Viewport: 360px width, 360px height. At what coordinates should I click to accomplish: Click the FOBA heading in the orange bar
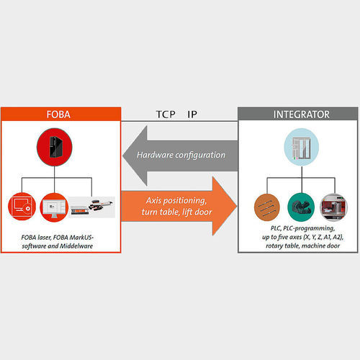coord(58,114)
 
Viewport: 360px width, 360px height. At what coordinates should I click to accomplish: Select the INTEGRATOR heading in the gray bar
coord(302,114)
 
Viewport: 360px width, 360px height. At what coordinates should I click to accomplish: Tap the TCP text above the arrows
coord(166,114)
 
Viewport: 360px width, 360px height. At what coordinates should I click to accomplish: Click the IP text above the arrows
coord(192,114)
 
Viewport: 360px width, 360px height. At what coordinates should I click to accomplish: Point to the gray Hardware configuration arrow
coord(180,156)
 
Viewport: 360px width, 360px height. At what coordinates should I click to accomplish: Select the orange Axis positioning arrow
coord(179,206)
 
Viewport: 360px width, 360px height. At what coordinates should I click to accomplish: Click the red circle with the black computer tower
coord(55,147)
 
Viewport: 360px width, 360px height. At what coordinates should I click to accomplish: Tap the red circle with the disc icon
coord(22,207)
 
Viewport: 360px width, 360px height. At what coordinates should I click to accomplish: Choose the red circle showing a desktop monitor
coord(54,207)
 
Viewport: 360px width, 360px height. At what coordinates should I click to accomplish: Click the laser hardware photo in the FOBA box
coord(91,207)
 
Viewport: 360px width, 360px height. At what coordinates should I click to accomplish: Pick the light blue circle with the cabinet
coord(302,147)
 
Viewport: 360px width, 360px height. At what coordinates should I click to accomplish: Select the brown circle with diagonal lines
coord(267,207)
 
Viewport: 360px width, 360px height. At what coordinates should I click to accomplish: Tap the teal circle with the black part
coord(301,207)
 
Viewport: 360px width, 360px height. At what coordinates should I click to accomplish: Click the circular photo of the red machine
coord(334,207)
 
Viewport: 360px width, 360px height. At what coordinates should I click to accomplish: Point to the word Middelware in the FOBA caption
coord(76,246)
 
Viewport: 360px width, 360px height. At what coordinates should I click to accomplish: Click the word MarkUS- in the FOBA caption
coord(81,238)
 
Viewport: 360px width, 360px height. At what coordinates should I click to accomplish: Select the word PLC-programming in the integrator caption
coord(309,228)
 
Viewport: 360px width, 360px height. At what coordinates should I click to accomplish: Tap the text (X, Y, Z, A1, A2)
coord(323,237)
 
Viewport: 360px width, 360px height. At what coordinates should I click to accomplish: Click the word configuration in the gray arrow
coord(200,156)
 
